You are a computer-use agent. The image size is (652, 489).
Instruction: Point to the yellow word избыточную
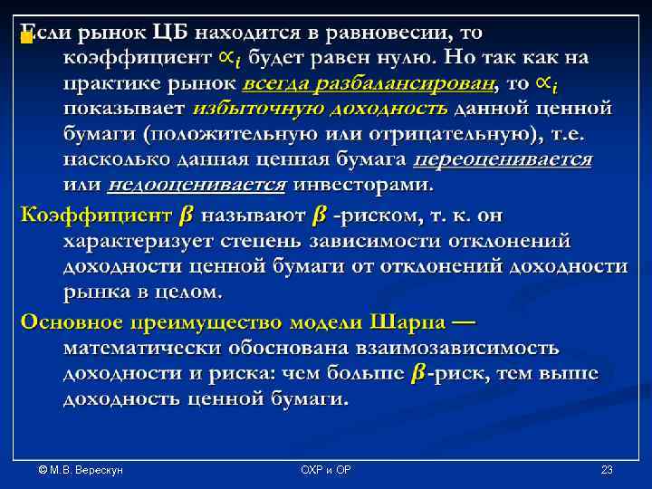(x=248, y=109)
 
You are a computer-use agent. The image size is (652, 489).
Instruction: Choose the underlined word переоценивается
(x=502, y=159)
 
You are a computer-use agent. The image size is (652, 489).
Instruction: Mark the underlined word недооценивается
(x=197, y=185)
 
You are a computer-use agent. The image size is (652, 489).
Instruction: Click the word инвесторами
(x=362, y=185)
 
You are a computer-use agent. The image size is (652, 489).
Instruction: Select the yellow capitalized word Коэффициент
(x=95, y=216)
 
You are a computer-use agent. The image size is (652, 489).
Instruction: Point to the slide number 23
(x=607, y=470)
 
